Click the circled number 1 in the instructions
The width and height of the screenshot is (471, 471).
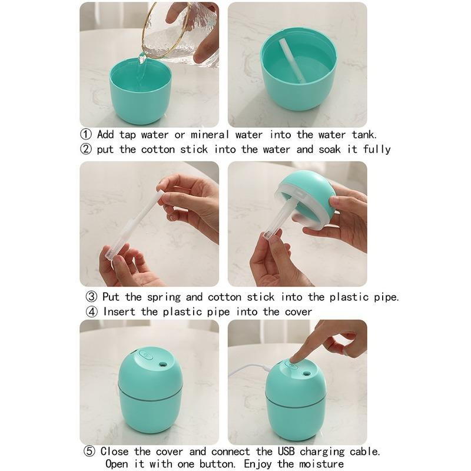[x=86, y=135]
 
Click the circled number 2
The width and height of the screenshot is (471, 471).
[x=86, y=150]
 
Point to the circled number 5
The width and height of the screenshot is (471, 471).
[x=89, y=452]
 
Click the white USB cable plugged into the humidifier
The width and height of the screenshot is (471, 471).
[x=250, y=370]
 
